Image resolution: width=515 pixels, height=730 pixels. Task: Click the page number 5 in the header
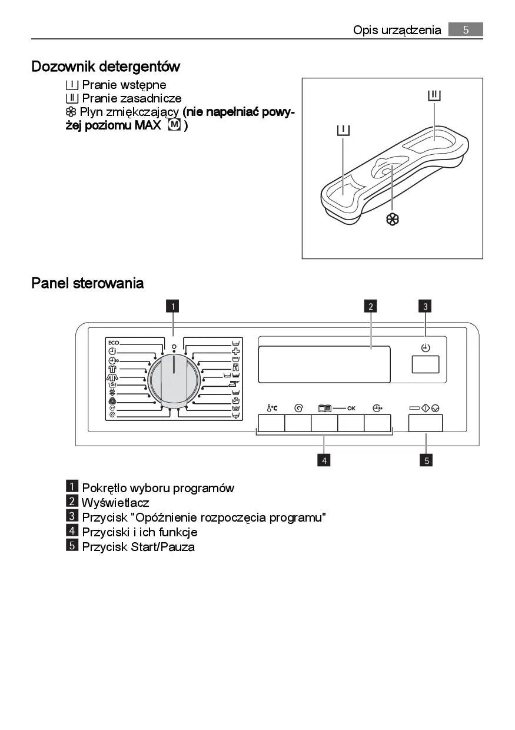(465, 29)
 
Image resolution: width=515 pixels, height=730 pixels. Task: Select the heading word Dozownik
(62, 67)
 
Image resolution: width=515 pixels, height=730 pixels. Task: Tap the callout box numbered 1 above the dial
(172, 306)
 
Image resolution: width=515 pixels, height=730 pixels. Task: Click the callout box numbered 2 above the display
(370, 306)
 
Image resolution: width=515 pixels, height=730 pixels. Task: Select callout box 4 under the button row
(323, 460)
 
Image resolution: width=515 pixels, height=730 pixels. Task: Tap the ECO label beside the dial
(114, 342)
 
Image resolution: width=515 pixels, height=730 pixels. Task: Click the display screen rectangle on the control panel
(324, 364)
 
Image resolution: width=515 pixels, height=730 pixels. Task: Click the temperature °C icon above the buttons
(271, 407)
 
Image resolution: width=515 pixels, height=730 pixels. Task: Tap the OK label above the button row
(351, 407)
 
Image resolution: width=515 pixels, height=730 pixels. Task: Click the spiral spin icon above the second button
(298, 407)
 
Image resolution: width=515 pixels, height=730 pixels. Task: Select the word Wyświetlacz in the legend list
(115, 503)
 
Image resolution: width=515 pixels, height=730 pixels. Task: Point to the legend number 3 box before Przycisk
(72, 516)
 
